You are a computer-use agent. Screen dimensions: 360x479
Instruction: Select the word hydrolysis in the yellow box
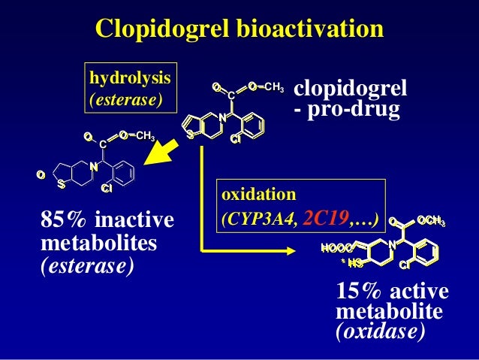(130, 78)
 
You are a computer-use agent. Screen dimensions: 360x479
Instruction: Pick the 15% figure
(356, 292)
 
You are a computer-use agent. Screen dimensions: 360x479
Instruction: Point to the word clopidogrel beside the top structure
(350, 90)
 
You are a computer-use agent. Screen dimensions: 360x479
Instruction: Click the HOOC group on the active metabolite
(336, 248)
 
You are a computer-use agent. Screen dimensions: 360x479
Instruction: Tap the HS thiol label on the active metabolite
(351, 262)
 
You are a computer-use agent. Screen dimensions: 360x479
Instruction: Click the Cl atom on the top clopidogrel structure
(235, 139)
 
